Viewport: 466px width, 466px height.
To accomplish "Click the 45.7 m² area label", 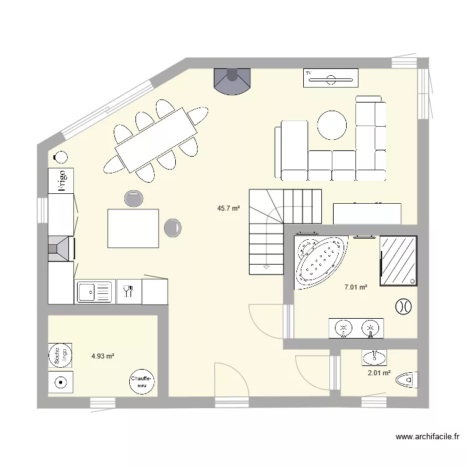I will [x=228, y=209].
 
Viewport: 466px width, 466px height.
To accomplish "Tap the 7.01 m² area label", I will [x=355, y=287].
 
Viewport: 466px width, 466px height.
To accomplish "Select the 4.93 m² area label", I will [x=103, y=356].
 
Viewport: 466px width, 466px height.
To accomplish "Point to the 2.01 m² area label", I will [x=379, y=373].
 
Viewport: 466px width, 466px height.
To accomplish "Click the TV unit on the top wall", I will [x=331, y=78].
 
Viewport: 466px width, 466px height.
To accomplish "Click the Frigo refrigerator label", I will [x=62, y=180].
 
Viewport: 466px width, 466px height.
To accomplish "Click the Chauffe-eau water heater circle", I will [x=141, y=381].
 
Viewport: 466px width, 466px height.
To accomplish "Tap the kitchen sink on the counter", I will [x=94, y=291].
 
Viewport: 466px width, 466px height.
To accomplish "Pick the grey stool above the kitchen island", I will [x=133, y=198].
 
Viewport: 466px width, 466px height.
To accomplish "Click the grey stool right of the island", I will [x=173, y=227].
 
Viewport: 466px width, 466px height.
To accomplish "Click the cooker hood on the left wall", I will [x=61, y=249].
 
